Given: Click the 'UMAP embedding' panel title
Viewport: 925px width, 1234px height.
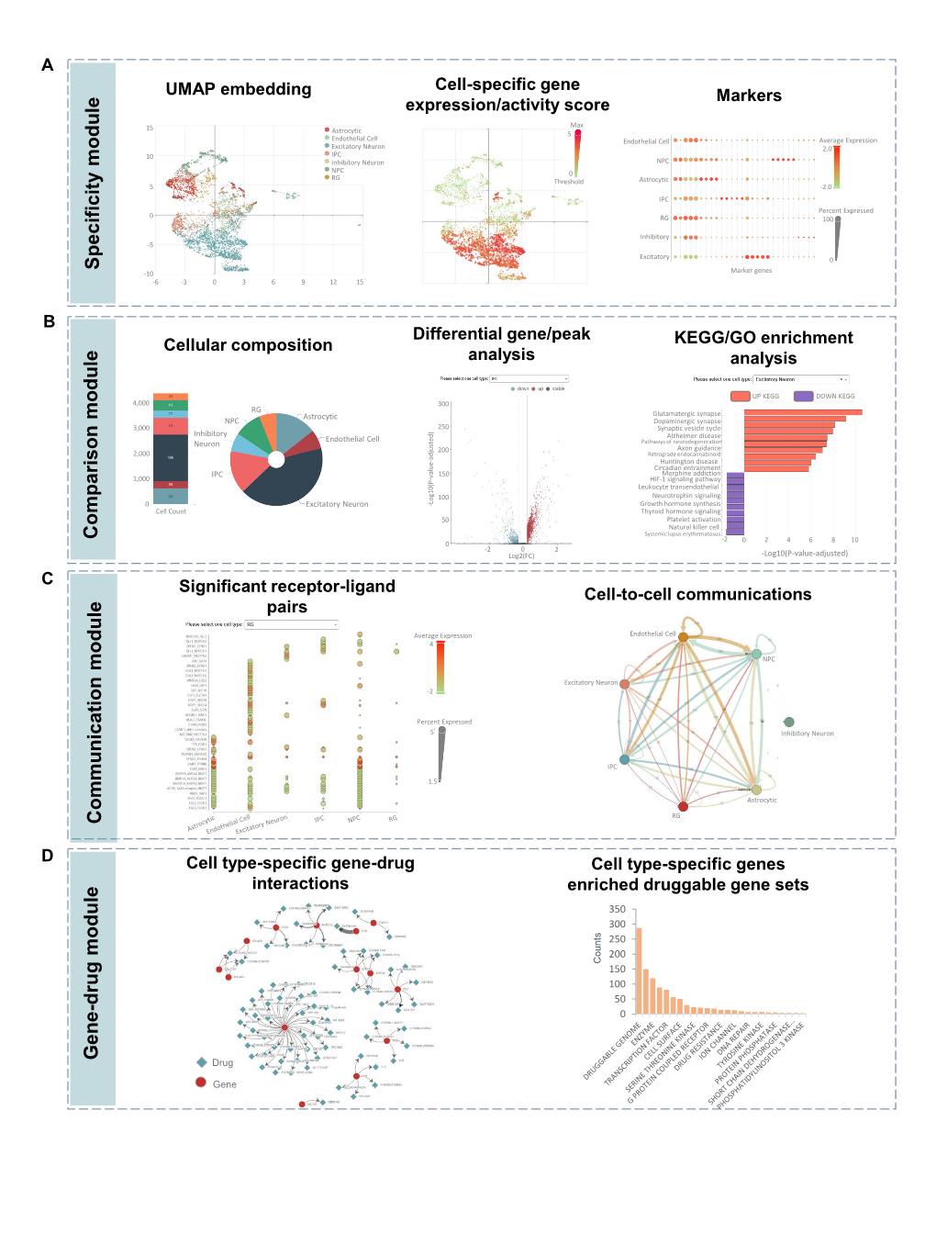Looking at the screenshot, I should pos(239,89).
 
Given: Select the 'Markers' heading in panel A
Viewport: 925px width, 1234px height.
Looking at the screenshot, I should pos(749,95).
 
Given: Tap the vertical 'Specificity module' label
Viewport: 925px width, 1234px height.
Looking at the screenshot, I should pos(93,183).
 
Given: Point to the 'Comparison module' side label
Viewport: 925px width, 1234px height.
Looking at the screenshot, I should pos(92,443).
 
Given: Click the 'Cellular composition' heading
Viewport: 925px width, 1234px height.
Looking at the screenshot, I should pos(248,345).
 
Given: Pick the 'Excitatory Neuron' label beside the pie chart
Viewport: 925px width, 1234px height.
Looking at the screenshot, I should pos(337,504).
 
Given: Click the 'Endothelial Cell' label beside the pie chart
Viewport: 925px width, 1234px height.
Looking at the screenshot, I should pos(352,439).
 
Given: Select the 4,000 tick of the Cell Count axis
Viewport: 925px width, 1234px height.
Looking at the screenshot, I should pos(140,403).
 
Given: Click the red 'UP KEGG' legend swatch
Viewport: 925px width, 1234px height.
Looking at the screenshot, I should pos(740,397).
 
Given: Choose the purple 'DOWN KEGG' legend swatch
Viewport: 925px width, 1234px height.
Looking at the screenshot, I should pos(803,397).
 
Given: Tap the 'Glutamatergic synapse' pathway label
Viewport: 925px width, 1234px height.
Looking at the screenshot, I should pos(686,414).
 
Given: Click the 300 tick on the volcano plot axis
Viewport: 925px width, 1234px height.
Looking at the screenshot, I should pos(443,404).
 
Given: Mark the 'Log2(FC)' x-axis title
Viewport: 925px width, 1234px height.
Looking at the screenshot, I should pos(521,556).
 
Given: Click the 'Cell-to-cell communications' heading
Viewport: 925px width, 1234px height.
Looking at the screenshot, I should pos(697,595).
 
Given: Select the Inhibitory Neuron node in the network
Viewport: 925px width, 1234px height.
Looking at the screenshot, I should pos(788,722).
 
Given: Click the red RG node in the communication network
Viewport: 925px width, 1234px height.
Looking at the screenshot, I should pos(683,806).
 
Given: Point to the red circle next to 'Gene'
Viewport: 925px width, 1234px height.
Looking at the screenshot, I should pos(201,1083).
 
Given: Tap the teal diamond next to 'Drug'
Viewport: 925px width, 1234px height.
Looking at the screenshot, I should pos(202,1062).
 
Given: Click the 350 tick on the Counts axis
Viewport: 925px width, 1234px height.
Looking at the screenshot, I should pos(617,910).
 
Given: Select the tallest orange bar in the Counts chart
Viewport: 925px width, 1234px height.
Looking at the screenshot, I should pos(639,970).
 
